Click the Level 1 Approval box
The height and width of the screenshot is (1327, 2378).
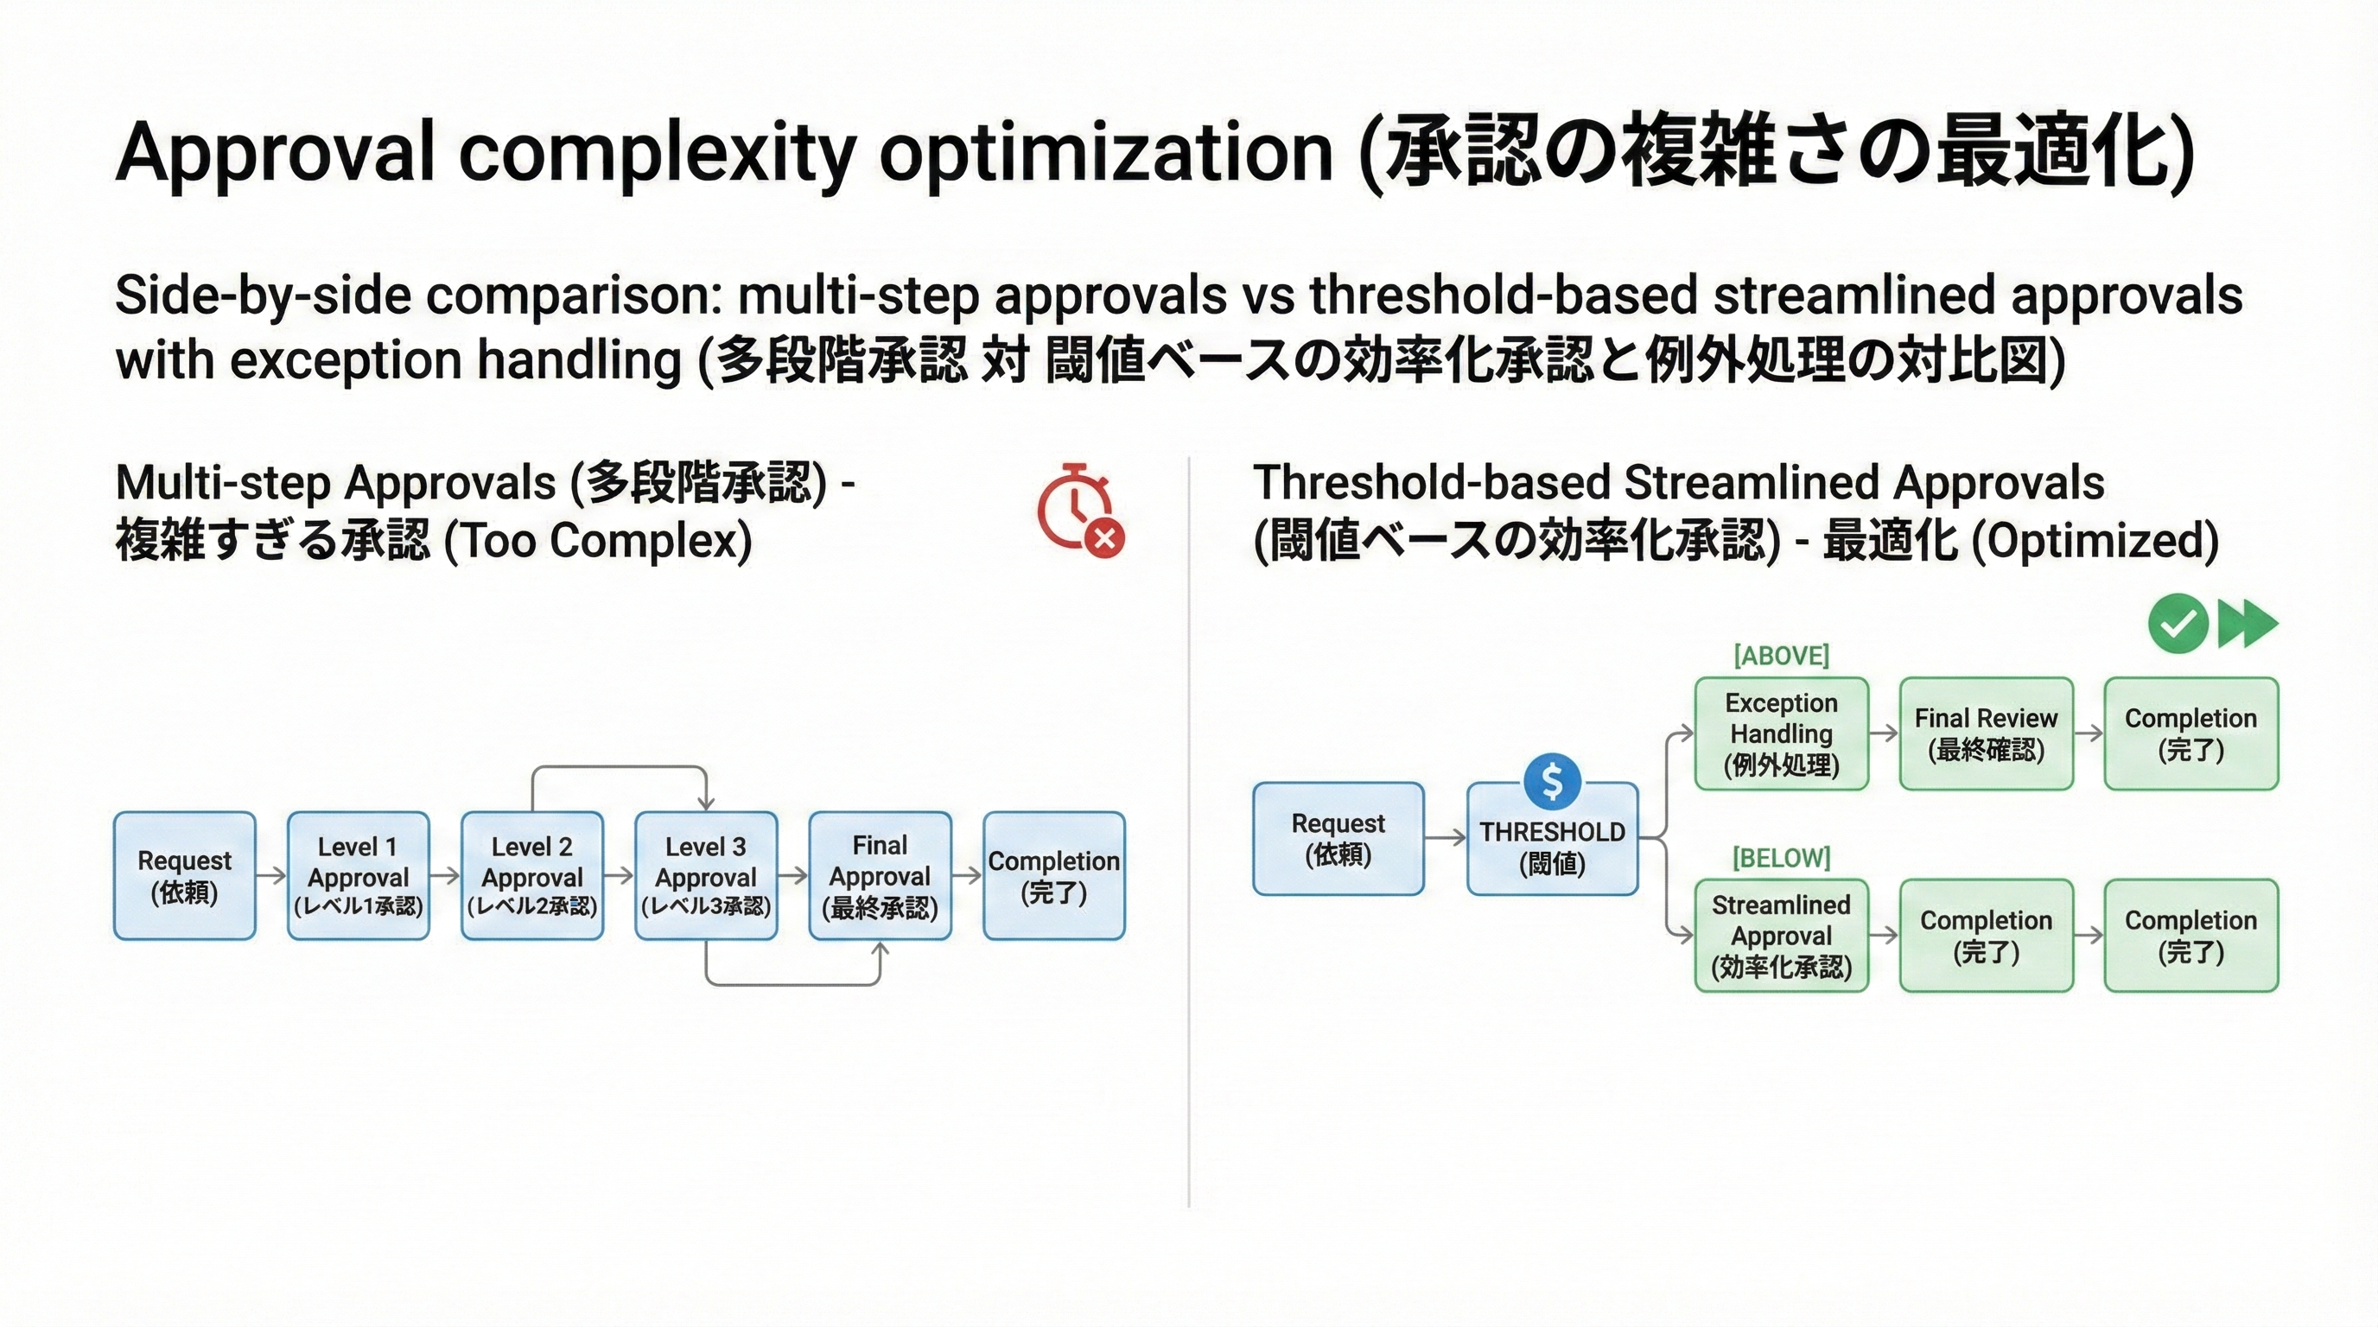click(359, 876)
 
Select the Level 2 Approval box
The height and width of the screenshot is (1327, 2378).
click(531, 876)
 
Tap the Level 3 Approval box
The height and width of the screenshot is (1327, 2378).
click(706, 876)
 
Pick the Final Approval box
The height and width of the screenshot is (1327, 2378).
click(880, 876)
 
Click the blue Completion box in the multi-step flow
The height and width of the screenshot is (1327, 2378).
click(1054, 876)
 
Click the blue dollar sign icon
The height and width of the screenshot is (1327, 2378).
click(1553, 782)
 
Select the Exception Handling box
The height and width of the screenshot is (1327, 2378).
click(1782, 733)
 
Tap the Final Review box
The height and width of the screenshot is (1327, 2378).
click(1987, 733)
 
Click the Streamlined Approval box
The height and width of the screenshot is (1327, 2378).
click(1782, 936)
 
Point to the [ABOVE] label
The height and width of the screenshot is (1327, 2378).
click(1781, 656)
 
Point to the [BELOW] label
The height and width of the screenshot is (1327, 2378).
click(1781, 858)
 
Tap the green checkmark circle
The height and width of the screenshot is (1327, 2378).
click(2178, 624)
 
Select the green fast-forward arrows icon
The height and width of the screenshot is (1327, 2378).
click(2247, 624)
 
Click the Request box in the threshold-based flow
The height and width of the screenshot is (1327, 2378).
click(1338, 839)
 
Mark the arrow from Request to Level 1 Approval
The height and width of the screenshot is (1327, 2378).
click(271, 876)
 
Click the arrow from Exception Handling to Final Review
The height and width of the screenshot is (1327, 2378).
click(1884, 733)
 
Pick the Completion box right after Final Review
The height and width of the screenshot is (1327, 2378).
click(2191, 733)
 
